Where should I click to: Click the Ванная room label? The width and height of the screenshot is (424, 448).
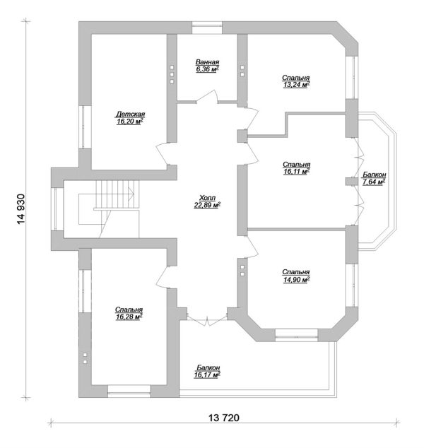pos(208,62)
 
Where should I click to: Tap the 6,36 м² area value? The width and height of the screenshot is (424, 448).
pos(208,69)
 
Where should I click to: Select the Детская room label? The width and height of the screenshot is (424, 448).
pos(130,114)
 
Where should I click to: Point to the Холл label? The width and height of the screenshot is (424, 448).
pos(208,198)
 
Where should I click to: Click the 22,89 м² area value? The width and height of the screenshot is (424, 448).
pos(208,205)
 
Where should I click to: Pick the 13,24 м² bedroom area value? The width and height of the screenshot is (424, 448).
pos(296,85)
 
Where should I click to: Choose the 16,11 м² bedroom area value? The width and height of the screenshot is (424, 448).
pos(297,172)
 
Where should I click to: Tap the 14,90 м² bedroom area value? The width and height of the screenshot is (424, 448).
pos(296,279)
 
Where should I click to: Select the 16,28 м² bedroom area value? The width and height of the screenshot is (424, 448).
pos(129,317)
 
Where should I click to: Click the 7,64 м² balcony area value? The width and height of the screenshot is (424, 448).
pos(374,182)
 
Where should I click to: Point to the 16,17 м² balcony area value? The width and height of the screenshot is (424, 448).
pos(207,375)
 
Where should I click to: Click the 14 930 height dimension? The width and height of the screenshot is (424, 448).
pos(21,209)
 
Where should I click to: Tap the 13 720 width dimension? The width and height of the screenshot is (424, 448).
pos(224,418)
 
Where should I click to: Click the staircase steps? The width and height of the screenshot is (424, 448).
pos(117,194)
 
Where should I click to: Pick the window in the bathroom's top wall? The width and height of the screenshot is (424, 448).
pos(207,28)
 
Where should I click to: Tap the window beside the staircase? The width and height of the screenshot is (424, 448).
pos(57,209)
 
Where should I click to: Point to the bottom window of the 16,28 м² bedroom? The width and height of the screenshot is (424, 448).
pos(129,391)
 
